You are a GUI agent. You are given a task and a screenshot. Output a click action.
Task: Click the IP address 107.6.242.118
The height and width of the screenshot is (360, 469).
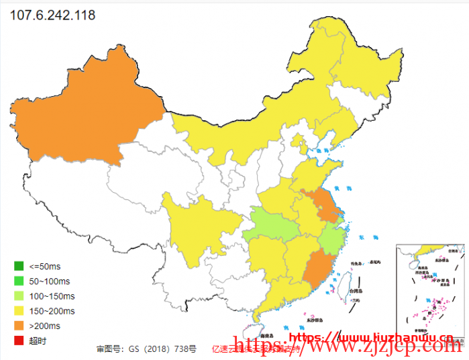[52, 14]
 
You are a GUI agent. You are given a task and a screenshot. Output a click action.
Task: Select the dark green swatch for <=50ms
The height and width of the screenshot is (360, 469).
[19, 267]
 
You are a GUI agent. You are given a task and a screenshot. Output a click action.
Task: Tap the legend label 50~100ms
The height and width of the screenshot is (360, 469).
[50, 281]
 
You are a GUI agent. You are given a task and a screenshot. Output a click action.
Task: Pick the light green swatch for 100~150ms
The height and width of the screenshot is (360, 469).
[19, 296]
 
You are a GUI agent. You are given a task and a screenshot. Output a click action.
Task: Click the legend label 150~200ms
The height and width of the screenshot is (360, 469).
[52, 311]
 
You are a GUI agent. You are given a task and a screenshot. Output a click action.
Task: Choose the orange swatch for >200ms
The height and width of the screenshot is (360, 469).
[19, 326]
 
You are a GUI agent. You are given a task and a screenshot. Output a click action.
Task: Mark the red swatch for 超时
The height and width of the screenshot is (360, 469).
[19, 341]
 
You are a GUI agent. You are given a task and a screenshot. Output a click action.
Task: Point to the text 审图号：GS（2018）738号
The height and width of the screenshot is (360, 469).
[146, 349]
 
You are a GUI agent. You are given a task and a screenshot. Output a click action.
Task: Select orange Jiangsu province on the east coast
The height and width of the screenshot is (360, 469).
[325, 205]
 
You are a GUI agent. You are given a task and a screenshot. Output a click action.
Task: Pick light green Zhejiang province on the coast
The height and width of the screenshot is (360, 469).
[332, 238]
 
